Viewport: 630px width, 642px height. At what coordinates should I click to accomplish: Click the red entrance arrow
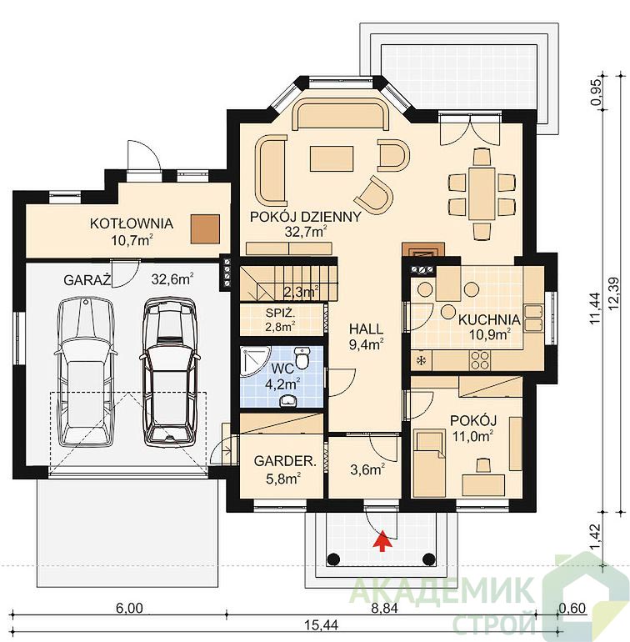click(x=382, y=541)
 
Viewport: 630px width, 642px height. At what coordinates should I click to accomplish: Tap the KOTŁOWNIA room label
click(x=132, y=223)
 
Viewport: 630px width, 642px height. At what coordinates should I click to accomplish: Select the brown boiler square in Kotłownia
click(x=205, y=229)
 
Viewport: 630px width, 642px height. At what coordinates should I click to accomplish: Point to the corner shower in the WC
click(x=253, y=360)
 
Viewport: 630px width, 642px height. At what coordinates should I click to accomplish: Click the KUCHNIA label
click(x=489, y=320)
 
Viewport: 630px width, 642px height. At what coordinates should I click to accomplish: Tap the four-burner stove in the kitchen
click(x=479, y=360)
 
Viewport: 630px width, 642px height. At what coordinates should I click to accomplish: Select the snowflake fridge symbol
click(x=420, y=361)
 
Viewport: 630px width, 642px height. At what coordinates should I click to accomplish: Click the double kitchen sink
click(x=533, y=318)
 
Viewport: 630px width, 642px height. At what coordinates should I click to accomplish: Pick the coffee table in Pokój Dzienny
click(x=332, y=159)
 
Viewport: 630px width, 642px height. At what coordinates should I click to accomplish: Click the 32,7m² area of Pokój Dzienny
click(x=305, y=232)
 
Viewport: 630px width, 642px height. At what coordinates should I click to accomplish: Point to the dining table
click(x=482, y=193)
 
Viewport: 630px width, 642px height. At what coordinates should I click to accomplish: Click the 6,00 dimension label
click(x=129, y=609)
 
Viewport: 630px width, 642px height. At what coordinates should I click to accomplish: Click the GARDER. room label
click(x=285, y=461)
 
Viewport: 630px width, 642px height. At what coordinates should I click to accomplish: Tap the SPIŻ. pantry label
click(x=280, y=313)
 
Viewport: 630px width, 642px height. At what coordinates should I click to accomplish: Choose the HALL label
click(x=366, y=329)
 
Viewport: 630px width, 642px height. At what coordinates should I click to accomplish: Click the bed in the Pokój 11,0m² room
click(x=429, y=463)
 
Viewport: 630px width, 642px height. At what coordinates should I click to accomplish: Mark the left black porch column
click(x=333, y=559)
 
